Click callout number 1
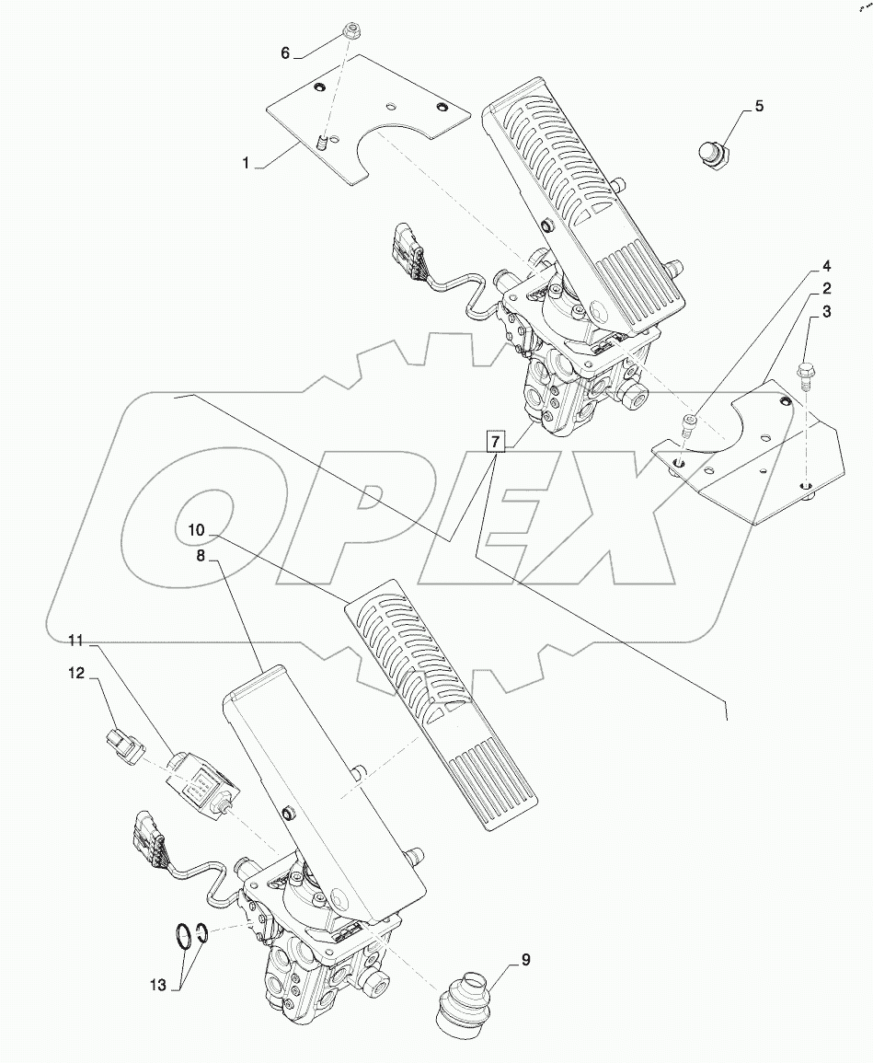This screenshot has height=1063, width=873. coord(247,163)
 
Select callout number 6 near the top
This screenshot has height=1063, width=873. coord(285,53)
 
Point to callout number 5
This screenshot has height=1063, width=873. coord(758,107)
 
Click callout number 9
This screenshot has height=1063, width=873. coord(525,960)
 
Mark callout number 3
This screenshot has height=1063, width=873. coord(826,312)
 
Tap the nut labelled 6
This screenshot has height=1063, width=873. coord(352,30)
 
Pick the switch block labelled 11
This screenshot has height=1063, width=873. coord(200,783)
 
